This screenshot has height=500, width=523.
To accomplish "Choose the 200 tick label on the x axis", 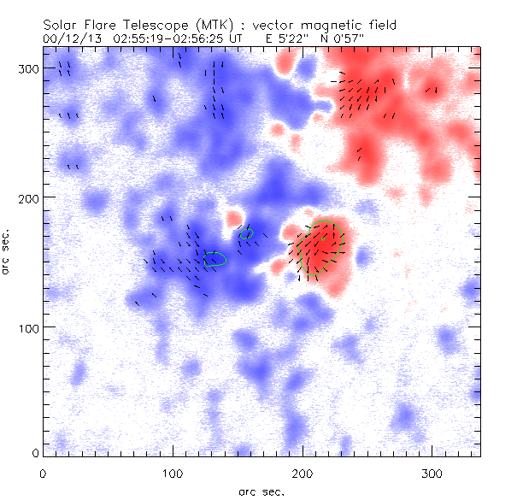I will (303, 473).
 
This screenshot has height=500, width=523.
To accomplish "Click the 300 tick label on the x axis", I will (432, 473).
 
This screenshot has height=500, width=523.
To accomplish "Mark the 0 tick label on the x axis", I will (43, 473).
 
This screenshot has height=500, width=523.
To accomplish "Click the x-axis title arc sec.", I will (261, 491).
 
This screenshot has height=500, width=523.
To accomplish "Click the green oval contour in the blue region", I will (214, 259).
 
